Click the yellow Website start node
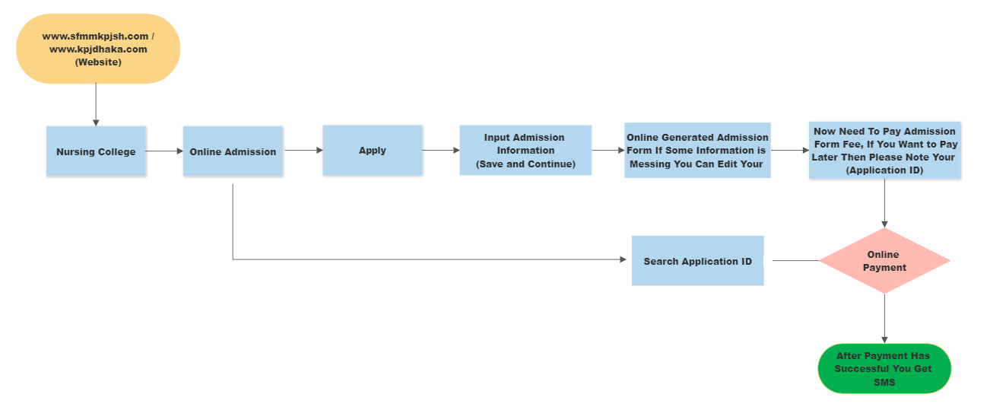click(x=98, y=49)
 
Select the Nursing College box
click(x=96, y=151)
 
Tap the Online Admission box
click(x=233, y=151)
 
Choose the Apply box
click(x=372, y=151)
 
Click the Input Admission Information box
click(x=525, y=151)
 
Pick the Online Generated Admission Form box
click(x=697, y=151)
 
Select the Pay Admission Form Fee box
click(x=885, y=151)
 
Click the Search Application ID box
click(x=697, y=261)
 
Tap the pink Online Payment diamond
click(x=884, y=261)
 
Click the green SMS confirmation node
click(x=884, y=368)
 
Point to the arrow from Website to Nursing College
click(x=96, y=104)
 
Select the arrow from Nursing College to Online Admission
click(x=164, y=151)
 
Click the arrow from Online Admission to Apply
click(x=303, y=151)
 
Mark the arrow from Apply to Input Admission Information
click(x=441, y=151)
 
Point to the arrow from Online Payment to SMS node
click(x=884, y=319)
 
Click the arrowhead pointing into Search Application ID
click(x=624, y=259)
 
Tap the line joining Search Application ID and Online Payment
click(x=795, y=261)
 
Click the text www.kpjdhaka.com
click(x=98, y=49)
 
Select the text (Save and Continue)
click(x=525, y=164)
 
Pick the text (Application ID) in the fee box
click(x=885, y=170)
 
